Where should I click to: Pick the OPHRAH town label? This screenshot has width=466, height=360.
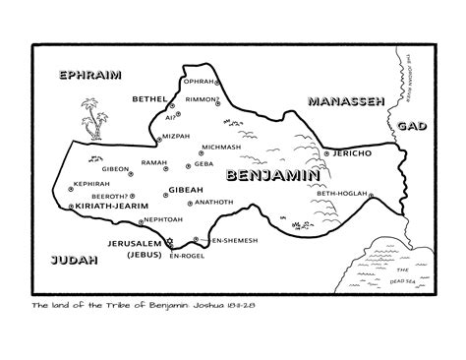200,82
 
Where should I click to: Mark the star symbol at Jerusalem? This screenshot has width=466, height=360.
169,242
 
